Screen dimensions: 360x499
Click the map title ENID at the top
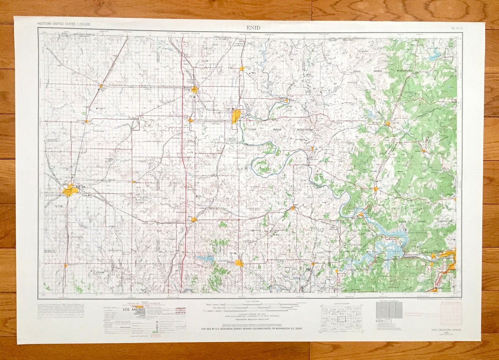coord(254,28)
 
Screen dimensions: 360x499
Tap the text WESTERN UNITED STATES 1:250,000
coord(64,24)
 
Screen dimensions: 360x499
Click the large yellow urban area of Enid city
coord(70,190)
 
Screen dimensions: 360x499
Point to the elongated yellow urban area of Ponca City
coord(236,116)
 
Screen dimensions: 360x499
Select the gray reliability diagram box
coord(389,311)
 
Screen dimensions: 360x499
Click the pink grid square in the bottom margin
coord(450,314)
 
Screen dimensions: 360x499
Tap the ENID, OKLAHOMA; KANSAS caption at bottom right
coord(443,329)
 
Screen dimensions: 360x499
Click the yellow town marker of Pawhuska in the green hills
coord(387,123)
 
